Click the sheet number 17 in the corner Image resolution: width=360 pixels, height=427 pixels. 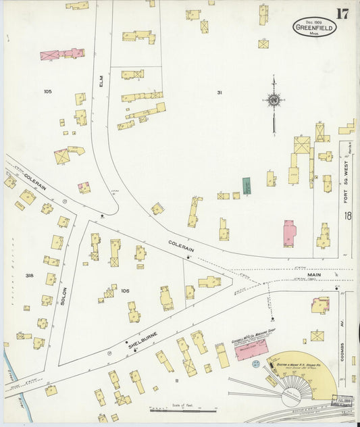[x=342, y=14]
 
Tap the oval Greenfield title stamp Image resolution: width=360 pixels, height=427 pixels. [x=314, y=27]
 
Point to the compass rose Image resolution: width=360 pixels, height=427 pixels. [x=274, y=101]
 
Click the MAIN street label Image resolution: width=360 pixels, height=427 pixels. [x=314, y=275]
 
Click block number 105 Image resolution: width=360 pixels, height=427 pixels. [x=47, y=91]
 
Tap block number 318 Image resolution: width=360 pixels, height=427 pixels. [x=29, y=276]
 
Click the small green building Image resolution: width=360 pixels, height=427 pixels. [x=247, y=186]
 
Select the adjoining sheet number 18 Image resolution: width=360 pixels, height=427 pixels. [x=347, y=216]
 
